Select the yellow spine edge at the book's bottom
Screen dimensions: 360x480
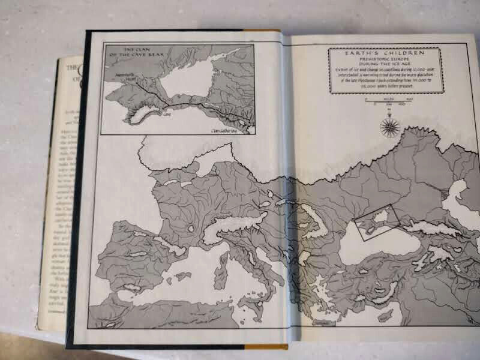coord(264,346)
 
